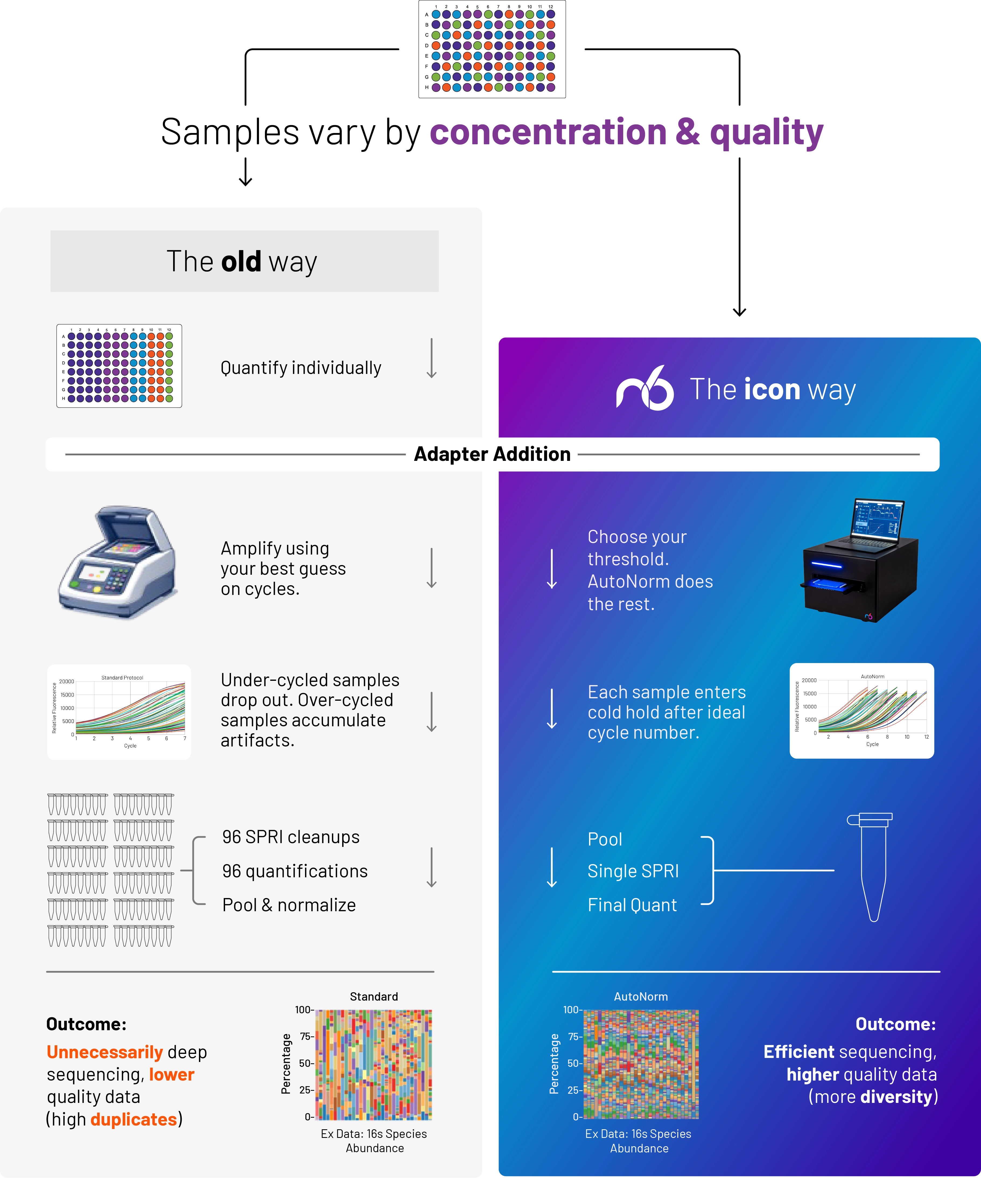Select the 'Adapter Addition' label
[x=492, y=454]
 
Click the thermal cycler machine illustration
[x=119, y=563]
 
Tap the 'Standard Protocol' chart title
[x=122, y=678]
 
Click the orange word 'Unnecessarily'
[x=104, y=1052]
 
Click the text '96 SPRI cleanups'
[x=290, y=837]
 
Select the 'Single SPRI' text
[x=633, y=871]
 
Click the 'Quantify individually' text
[x=301, y=368]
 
